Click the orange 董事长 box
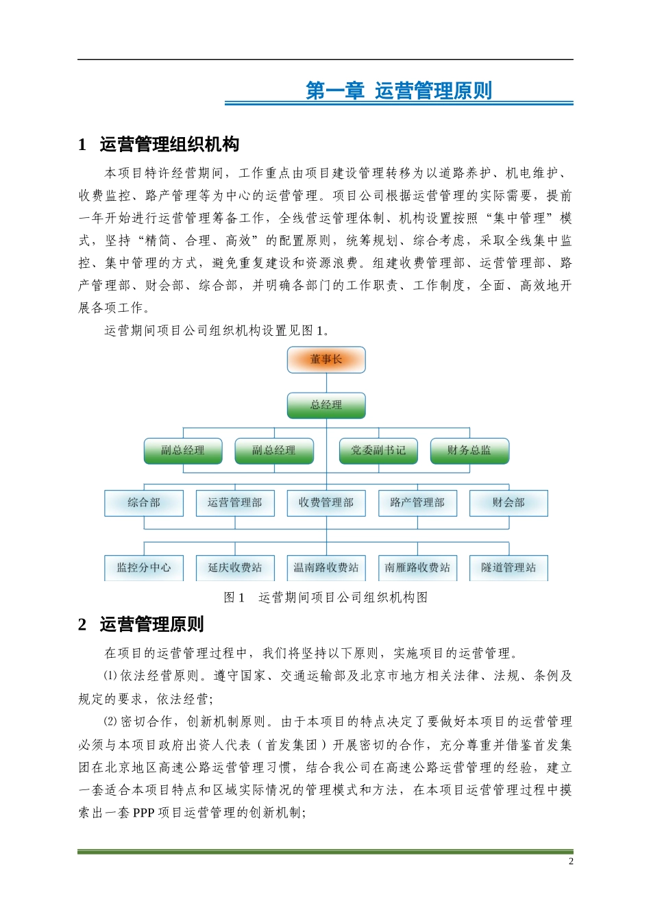(326, 359)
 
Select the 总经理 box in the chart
(326, 405)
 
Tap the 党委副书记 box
(378, 450)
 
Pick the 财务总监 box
(469, 450)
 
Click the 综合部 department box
(144, 502)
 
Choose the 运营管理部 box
(235, 502)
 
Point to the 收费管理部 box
(326, 502)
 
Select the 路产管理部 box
(417, 502)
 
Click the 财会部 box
(508, 502)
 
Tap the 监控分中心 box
(144, 567)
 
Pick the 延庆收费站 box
(235, 567)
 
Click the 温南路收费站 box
(326, 567)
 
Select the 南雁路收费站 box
(417, 567)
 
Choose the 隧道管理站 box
(508, 567)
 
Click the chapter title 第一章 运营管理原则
(399, 90)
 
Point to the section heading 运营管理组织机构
(169, 145)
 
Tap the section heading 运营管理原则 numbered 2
(151, 624)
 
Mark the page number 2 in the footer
(571, 861)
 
